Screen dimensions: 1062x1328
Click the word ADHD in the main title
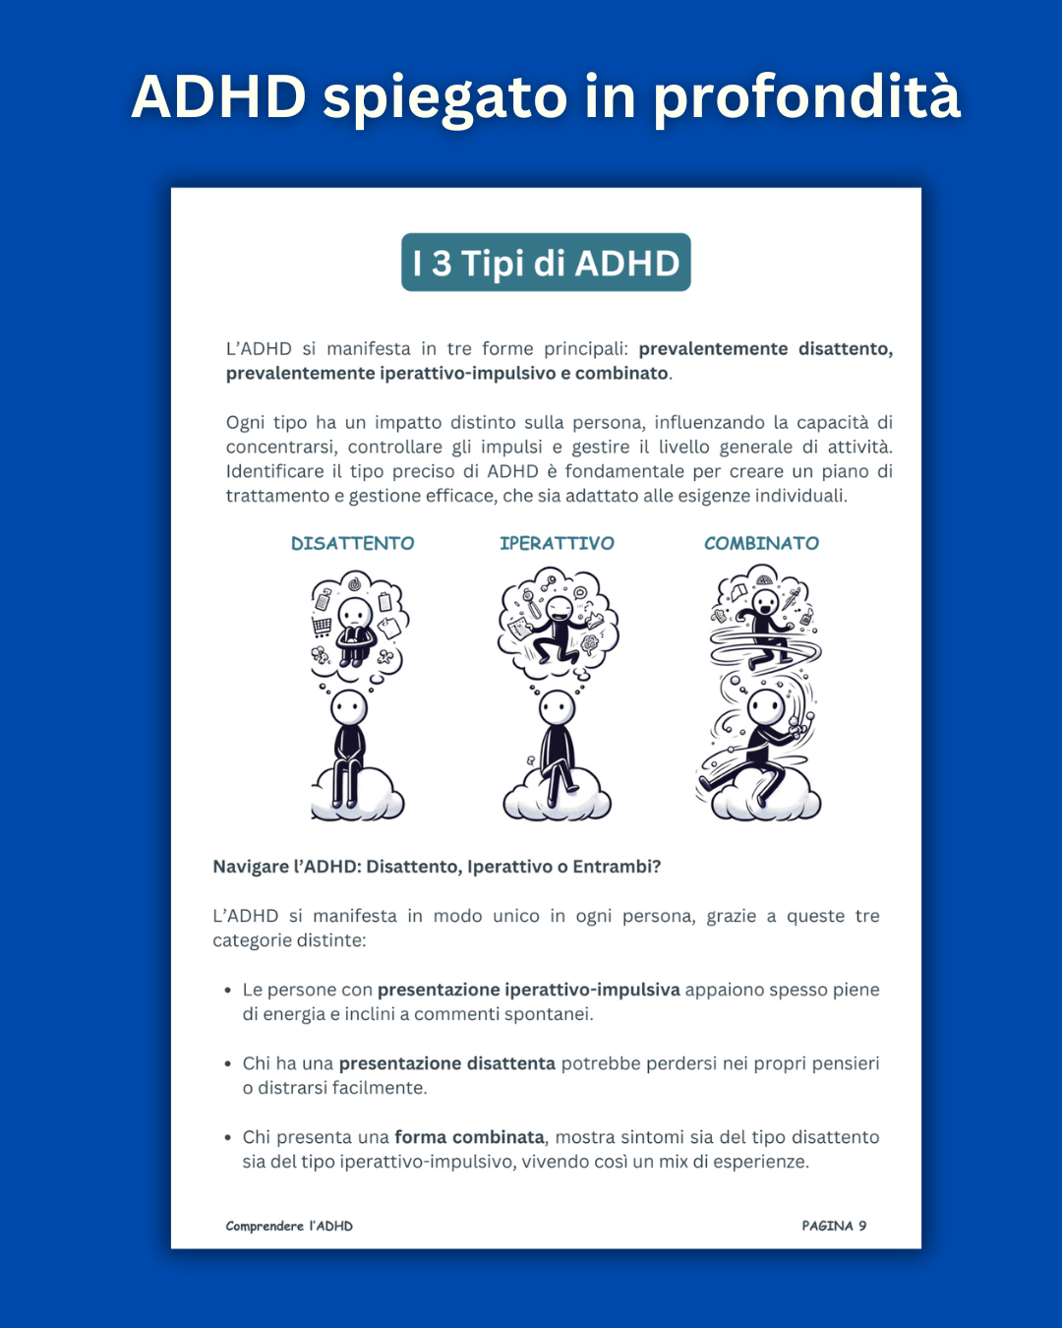[219, 96]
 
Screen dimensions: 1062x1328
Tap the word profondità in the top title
[806, 98]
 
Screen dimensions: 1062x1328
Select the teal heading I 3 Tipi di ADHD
[546, 263]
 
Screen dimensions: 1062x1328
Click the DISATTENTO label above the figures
[353, 543]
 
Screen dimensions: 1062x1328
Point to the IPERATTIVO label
[558, 543]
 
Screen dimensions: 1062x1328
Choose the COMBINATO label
[761, 543]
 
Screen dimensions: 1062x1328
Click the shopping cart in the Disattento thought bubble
[323, 626]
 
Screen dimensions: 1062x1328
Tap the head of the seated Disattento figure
[349, 708]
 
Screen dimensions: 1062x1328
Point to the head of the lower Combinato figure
[766, 708]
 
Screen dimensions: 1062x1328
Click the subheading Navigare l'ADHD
[437, 867]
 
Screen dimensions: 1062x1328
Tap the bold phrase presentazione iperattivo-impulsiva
[529, 990]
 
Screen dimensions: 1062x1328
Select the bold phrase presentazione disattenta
[447, 1063]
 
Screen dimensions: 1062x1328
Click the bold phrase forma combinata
[470, 1137]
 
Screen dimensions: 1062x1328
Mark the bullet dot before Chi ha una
[228, 1064]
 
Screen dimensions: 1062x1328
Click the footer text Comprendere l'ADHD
[289, 1226]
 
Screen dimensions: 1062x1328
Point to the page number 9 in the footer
[862, 1226]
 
